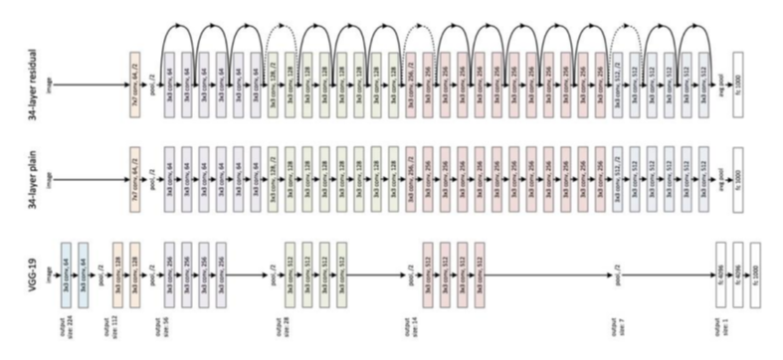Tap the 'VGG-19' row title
(x=19, y=267)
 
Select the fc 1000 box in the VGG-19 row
(x=754, y=268)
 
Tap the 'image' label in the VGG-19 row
(x=50, y=268)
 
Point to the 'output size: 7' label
(x=618, y=323)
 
